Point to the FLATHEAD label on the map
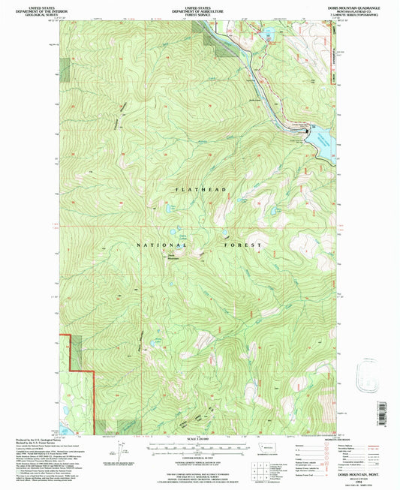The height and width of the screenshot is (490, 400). click(200, 191)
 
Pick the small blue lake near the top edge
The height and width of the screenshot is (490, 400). click(267, 32)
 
